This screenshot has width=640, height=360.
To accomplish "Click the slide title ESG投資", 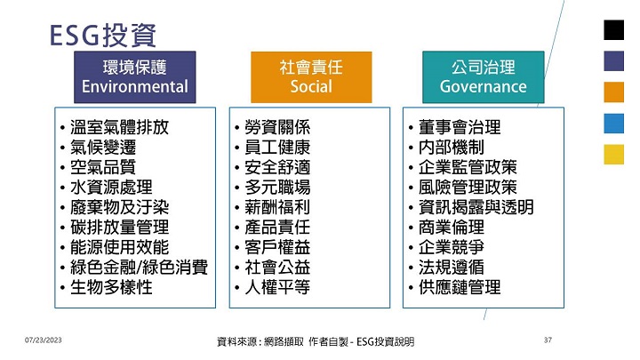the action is pos(103,35).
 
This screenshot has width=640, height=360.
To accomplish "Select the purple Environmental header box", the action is pos(135,77).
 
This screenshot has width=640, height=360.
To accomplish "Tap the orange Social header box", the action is pos(311,77).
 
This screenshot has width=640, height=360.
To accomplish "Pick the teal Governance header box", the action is pos(484,77).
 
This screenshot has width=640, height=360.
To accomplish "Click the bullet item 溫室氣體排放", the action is pos(119,127).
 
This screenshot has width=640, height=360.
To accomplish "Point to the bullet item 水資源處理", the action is pos(111,188).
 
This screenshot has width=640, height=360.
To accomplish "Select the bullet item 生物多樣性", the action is pos(111,287).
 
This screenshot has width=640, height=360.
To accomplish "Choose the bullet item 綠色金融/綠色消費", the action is pos(139,268).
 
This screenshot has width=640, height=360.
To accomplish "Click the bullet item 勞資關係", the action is pos(277,127).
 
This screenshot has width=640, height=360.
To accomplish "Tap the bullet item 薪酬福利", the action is pos(277,207).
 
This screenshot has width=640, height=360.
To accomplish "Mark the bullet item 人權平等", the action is pos(277,287).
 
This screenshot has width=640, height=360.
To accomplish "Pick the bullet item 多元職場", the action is pos(277,188).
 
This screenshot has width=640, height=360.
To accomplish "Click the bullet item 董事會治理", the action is pos(460,127).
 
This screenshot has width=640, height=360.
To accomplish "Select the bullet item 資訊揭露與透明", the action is pos(476,207).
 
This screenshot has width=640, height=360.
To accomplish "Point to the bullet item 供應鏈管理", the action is pos(460,287).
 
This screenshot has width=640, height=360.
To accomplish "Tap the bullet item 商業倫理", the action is pos(452,228).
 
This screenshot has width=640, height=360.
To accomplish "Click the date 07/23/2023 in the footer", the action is pos(44,340).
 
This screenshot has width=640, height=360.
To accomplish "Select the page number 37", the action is pos(548,340).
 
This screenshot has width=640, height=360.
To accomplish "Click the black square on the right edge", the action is pos(614,30).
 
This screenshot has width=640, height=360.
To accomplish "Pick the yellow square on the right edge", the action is pos(614,155).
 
